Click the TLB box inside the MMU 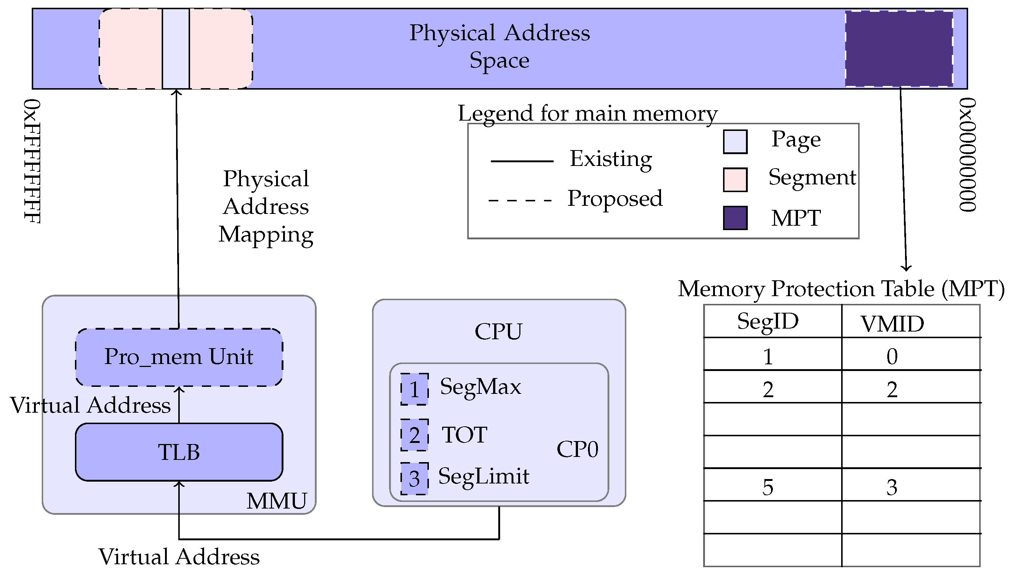pyautogui.click(x=179, y=452)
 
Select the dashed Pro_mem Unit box pyautogui.click(x=179, y=357)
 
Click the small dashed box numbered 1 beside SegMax pyautogui.click(x=414, y=389)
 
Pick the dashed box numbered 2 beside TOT pyautogui.click(x=414, y=435)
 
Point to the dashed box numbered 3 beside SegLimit pyautogui.click(x=414, y=478)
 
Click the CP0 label pyautogui.click(x=577, y=449)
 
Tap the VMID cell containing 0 pyautogui.click(x=892, y=356)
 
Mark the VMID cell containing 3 pyautogui.click(x=892, y=487)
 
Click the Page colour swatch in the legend pyautogui.click(x=735, y=142)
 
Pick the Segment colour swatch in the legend pyautogui.click(x=735, y=180)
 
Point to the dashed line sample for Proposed pyautogui.click(x=520, y=200)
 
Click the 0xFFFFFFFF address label pyautogui.click(x=32, y=161)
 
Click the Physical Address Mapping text pyautogui.click(x=266, y=207)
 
